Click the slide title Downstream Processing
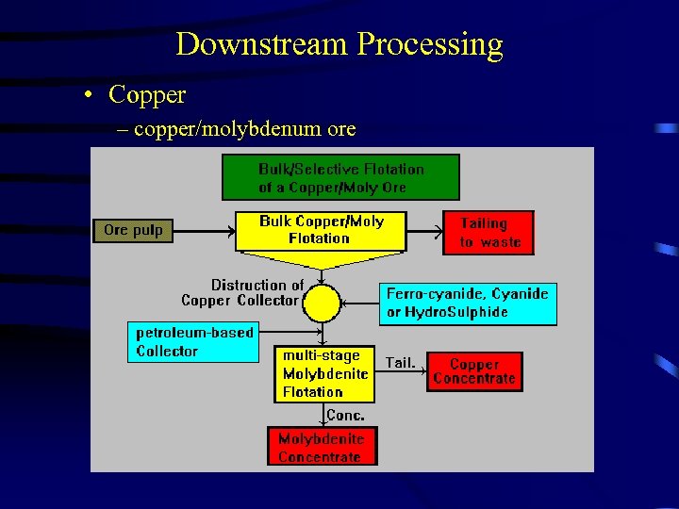(x=339, y=44)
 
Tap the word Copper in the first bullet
(x=147, y=95)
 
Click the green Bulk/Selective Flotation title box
(x=340, y=177)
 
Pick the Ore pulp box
(x=133, y=230)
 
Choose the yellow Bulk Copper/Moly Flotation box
(x=321, y=230)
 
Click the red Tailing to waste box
(x=489, y=233)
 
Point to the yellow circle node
(x=322, y=304)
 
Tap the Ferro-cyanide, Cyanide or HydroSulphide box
(x=467, y=303)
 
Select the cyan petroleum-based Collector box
(x=192, y=342)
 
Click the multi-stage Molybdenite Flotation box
(x=324, y=374)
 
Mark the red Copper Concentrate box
(x=474, y=371)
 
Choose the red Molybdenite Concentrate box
(x=321, y=448)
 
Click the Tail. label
(x=401, y=363)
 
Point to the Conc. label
(x=345, y=416)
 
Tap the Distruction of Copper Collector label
(x=241, y=292)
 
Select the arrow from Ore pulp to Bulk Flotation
(x=205, y=230)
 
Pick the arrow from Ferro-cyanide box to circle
(x=360, y=304)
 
